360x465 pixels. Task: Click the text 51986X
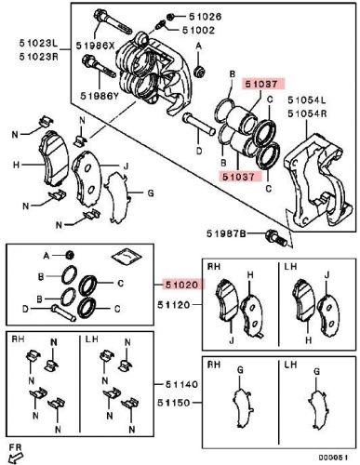pyautogui.click(x=97, y=45)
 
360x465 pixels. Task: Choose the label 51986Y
pyautogui.click(x=97, y=95)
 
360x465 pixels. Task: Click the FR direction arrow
pyautogui.click(x=16, y=454)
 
